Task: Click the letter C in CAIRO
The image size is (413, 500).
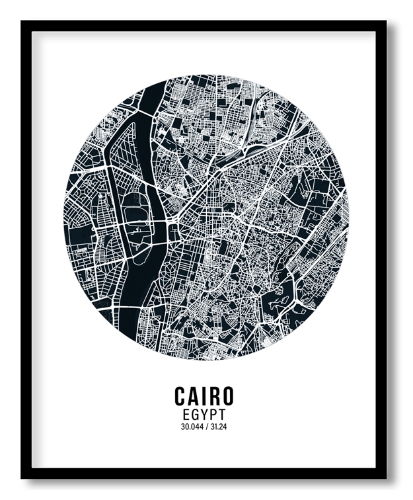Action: click(180, 396)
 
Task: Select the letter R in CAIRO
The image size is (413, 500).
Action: click(213, 396)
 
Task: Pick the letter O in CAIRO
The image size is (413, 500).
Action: click(227, 396)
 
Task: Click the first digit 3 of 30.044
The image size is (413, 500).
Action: click(182, 427)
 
